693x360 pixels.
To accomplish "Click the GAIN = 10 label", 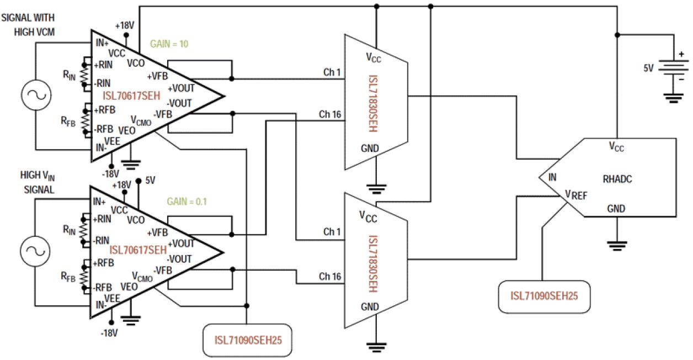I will point(169,44).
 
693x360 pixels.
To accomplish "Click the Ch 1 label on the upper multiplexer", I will point(332,72).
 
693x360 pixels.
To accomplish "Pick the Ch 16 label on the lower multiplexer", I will point(330,277).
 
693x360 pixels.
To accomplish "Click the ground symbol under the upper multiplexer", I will point(376,188).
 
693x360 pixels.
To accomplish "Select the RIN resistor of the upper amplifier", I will point(84,73).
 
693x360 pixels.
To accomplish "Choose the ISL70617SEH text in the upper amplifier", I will point(131,96).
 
